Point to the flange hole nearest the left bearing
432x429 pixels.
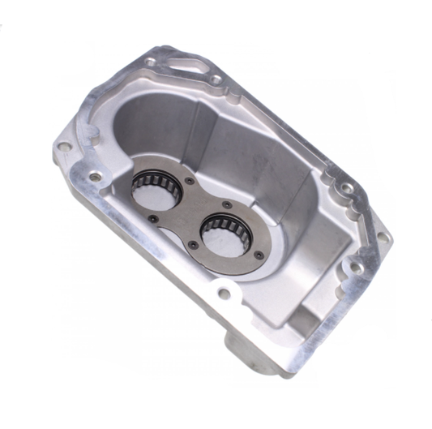point(96,176)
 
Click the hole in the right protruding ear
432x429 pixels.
point(382,238)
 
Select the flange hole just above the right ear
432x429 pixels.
point(346,188)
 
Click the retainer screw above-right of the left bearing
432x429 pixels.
point(190,181)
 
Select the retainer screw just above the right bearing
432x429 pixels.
point(226,204)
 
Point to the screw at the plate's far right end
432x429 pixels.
point(258,254)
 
